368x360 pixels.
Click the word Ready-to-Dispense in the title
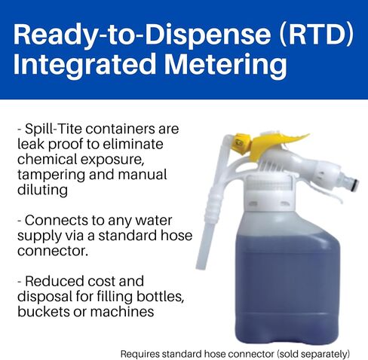click(x=142, y=35)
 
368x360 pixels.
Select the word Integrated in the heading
click(x=84, y=64)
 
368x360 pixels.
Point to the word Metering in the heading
click(x=225, y=64)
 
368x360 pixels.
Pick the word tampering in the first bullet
click(x=51, y=175)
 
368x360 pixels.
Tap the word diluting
click(x=42, y=190)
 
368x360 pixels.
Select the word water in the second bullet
click(x=154, y=221)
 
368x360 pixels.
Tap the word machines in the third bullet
click(x=122, y=312)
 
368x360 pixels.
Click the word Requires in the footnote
click(x=140, y=354)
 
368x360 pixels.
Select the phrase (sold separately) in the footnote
click(x=313, y=354)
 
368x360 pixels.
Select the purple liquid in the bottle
click(x=287, y=288)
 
